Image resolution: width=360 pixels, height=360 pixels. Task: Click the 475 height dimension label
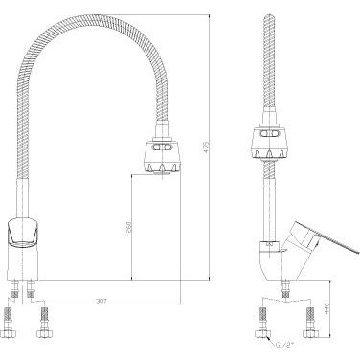coord(206,146)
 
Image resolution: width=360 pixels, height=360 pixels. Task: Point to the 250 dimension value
coord(128,227)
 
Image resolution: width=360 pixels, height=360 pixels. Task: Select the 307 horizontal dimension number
coord(101,301)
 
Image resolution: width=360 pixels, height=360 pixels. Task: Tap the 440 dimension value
coord(326,308)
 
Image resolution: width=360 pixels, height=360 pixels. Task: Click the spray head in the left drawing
coord(163,156)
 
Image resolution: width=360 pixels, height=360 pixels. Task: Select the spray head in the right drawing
coord(271,144)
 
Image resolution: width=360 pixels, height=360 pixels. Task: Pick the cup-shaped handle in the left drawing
coord(23,233)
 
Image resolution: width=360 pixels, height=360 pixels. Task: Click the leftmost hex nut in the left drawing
coord(8,333)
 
